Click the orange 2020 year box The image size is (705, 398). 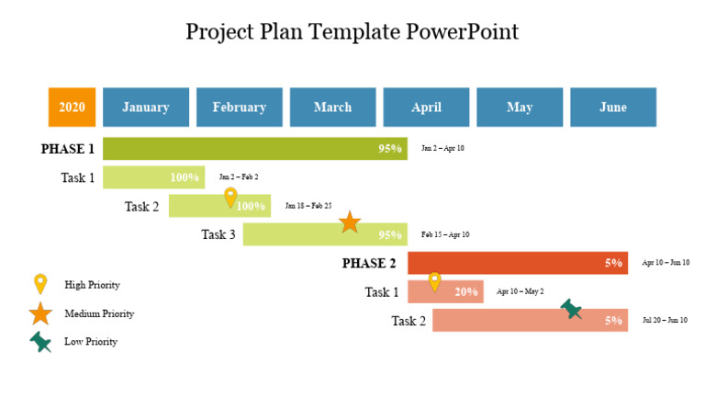[72, 108]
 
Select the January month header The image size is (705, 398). [146, 108]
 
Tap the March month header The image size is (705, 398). [332, 108]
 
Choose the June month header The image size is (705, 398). [613, 108]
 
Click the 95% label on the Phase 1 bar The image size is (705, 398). [390, 149]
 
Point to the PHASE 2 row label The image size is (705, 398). [369, 264]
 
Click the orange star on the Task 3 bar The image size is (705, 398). [350, 222]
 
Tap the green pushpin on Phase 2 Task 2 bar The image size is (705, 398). [571, 309]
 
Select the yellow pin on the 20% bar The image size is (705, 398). [434, 282]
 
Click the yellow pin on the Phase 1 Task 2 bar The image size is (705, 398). [230, 198]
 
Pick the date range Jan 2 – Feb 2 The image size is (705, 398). [239, 176]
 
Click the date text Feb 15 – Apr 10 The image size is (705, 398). [445, 234]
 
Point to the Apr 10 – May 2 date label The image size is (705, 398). [520, 291]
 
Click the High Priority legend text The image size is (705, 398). [92, 285]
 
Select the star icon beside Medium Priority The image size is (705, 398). [40, 313]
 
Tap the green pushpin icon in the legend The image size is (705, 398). [40, 342]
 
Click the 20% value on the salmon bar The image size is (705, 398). [466, 292]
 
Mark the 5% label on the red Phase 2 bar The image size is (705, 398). [614, 263]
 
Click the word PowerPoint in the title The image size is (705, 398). [463, 32]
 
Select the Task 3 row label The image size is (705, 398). [218, 234]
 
